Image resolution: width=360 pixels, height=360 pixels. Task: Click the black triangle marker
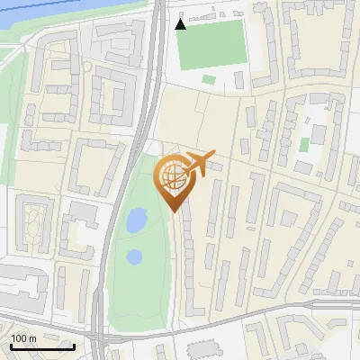(181, 23)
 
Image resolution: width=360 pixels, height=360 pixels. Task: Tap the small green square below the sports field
(209, 79)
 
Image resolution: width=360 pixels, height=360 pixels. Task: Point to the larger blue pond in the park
(136, 220)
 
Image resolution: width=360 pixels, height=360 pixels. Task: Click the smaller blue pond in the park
(134, 256)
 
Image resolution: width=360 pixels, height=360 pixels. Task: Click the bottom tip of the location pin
(175, 211)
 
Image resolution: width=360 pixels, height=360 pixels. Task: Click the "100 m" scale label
(24, 337)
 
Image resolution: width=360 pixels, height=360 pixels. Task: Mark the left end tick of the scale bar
(10, 345)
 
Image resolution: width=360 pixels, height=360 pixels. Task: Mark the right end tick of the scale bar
(74, 345)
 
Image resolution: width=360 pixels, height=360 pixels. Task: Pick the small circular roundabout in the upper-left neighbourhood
(87, 66)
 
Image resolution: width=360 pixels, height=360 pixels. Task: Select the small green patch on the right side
(304, 144)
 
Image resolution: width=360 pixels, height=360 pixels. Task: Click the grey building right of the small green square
(238, 79)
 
